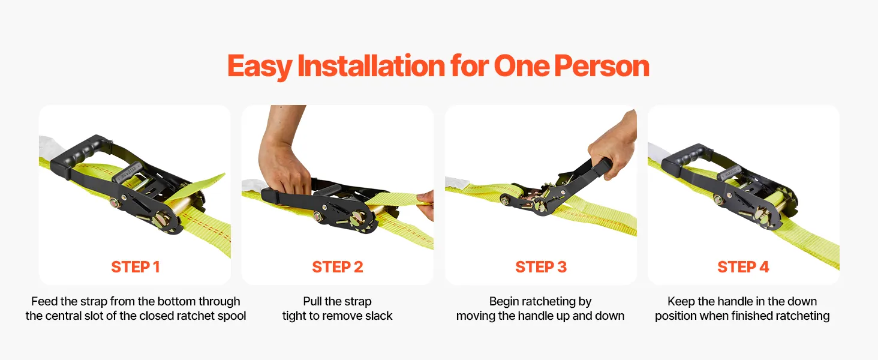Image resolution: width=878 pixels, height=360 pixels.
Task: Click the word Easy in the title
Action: tap(260, 67)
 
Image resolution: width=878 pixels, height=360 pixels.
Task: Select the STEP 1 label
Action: tap(135, 267)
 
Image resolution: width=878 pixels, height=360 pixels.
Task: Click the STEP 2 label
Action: tap(338, 267)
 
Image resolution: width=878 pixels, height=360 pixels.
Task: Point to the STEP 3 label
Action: tap(541, 267)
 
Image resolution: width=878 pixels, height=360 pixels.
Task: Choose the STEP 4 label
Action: tap(743, 267)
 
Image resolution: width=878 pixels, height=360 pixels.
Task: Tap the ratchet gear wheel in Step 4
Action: tap(763, 218)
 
